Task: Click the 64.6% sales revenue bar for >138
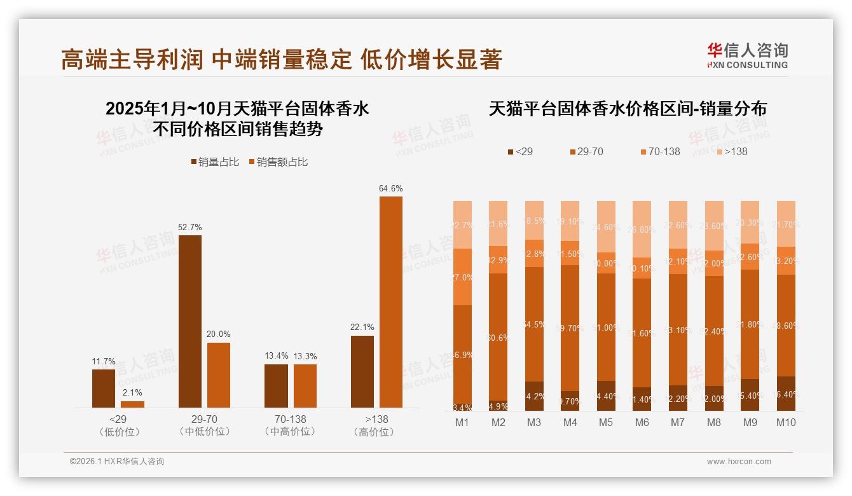[x=391, y=302]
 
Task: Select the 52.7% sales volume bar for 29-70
[x=189, y=321]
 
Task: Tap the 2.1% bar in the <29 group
[x=132, y=404]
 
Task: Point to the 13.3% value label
[x=305, y=356]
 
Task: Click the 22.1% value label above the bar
[x=362, y=327]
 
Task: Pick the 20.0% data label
[x=219, y=334]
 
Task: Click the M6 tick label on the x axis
[x=642, y=423]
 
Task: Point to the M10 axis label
[x=787, y=423]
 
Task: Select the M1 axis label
[x=463, y=423]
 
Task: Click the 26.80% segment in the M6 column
[x=642, y=229]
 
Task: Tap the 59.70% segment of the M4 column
[x=570, y=327]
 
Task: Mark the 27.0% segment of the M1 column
[x=463, y=277]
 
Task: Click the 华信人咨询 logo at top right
[x=747, y=55]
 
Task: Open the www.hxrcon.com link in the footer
[x=739, y=462]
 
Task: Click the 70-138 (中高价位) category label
[x=290, y=425]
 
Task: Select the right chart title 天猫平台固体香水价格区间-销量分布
[x=628, y=109]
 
